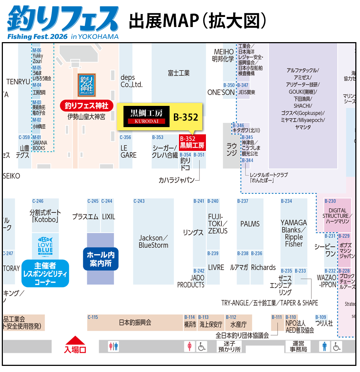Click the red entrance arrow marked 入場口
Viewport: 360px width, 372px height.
click(75, 345)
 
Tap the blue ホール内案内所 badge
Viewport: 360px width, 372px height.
click(101, 259)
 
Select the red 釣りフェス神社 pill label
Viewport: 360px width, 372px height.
click(86, 106)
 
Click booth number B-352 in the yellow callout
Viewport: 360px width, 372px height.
click(186, 117)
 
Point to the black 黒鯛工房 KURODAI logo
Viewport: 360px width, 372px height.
click(147, 116)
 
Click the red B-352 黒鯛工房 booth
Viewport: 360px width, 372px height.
click(192, 142)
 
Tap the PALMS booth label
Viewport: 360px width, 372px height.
click(250, 224)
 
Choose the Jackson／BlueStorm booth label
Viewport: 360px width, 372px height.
click(153, 242)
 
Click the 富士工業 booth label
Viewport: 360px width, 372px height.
click(179, 73)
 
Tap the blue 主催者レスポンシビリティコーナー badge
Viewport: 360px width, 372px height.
click(45, 274)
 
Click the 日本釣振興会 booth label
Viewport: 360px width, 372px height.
click(135, 323)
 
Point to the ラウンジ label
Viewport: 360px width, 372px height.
click(231, 149)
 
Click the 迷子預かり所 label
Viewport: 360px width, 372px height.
click(229, 346)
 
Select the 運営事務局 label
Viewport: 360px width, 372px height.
click(298, 346)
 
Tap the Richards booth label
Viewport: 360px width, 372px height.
click(264, 268)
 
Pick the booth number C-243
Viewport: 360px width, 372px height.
click(139, 201)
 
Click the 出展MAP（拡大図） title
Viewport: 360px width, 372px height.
click(198, 21)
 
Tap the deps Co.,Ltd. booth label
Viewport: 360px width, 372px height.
click(131, 81)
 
